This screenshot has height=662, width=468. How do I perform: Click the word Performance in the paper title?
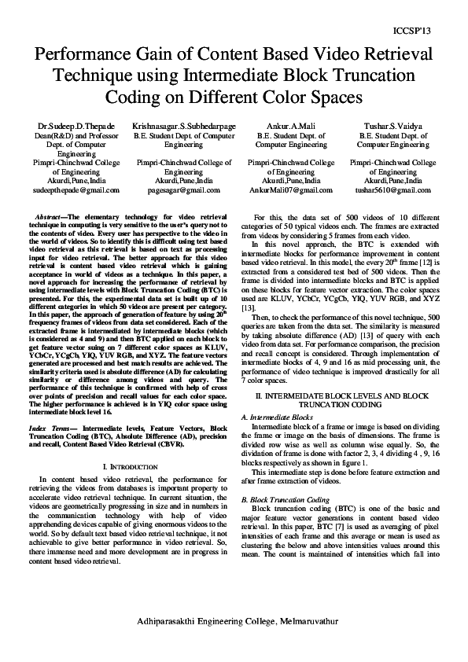[83, 55]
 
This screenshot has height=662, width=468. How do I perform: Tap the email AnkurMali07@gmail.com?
[291, 189]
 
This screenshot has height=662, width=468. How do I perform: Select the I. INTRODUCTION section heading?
[127, 466]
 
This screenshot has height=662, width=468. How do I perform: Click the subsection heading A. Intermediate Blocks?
[278, 417]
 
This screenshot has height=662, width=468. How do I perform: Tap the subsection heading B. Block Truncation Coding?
[285, 499]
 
